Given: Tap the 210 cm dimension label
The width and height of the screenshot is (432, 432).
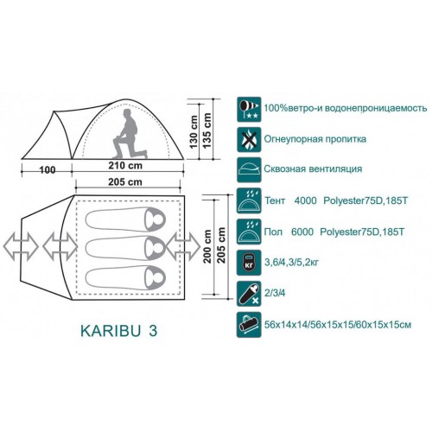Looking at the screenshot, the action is (125, 166).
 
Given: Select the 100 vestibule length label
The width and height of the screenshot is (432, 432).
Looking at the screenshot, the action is (48, 170).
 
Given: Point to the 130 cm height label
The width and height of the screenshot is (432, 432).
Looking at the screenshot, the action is (194, 132).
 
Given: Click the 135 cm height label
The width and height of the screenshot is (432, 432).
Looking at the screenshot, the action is (207, 130).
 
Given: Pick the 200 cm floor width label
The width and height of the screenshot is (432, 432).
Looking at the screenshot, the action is (207, 246).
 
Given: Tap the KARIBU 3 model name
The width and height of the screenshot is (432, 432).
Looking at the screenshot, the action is (119, 331).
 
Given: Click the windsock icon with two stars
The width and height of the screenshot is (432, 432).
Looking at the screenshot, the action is (249, 110).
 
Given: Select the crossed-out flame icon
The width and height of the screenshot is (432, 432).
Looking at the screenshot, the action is (249, 140).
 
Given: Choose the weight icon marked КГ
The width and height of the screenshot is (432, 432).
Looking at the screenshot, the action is (249, 263).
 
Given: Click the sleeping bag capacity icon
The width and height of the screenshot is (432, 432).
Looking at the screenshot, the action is (249, 294).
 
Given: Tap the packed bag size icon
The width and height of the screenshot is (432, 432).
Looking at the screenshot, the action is (249, 325).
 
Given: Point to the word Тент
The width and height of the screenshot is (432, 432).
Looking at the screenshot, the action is (275, 200).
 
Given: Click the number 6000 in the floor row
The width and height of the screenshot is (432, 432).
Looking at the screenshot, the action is (302, 232).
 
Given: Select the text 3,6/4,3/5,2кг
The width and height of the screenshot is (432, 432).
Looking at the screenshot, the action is (291, 263).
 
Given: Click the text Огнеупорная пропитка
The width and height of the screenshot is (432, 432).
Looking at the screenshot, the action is (315, 139).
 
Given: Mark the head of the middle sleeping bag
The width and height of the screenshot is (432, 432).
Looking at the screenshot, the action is (156, 248).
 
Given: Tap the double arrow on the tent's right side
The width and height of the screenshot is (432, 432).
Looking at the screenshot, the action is (183, 247).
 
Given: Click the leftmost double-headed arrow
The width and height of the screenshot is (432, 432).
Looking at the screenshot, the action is (21, 247).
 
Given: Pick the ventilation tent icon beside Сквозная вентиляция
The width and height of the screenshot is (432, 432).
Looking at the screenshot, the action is (249, 170).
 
